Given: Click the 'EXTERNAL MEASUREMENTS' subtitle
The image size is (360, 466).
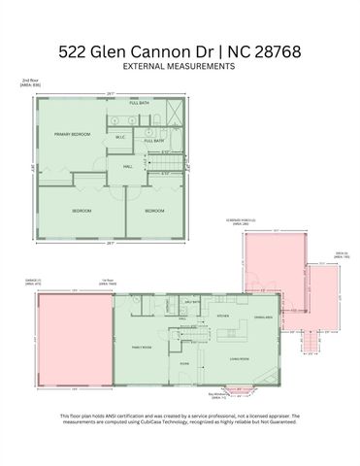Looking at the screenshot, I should pyautogui.click(x=180, y=67).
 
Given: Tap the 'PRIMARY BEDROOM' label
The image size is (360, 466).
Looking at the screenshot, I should pyautogui.click(x=72, y=134).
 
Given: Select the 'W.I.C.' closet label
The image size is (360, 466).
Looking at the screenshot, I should pyautogui.click(x=121, y=137).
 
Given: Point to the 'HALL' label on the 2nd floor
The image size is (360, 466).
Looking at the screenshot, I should pyautogui.click(x=127, y=166).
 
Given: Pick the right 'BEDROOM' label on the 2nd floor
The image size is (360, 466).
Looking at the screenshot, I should pyautogui.click(x=154, y=211).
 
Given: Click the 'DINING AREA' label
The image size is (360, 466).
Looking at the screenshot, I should pyautogui.click(x=261, y=318).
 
